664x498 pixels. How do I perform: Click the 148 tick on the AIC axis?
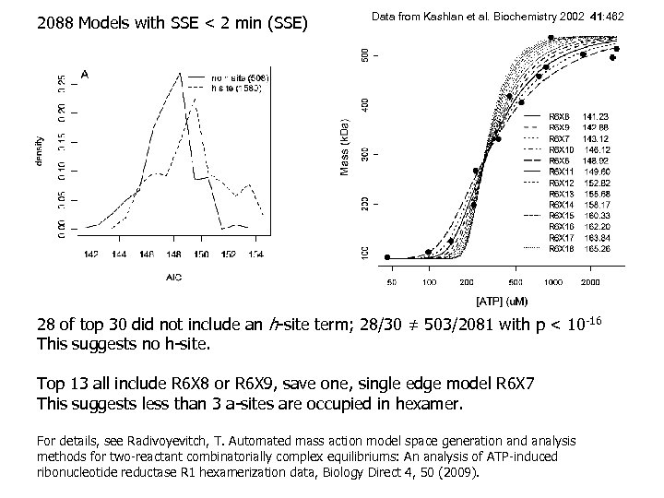click(x=174, y=253)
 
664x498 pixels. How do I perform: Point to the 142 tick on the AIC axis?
click(x=92, y=253)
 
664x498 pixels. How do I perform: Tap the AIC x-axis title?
click(x=173, y=276)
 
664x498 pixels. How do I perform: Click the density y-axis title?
click(x=40, y=151)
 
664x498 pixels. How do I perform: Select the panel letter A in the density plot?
click(x=85, y=73)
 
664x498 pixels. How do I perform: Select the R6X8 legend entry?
click(x=560, y=116)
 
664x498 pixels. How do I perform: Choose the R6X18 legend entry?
click(x=562, y=249)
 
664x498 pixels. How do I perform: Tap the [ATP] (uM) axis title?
click(x=502, y=301)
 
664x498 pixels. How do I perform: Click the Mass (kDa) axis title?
click(x=344, y=148)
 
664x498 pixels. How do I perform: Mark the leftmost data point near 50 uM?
click(x=387, y=257)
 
